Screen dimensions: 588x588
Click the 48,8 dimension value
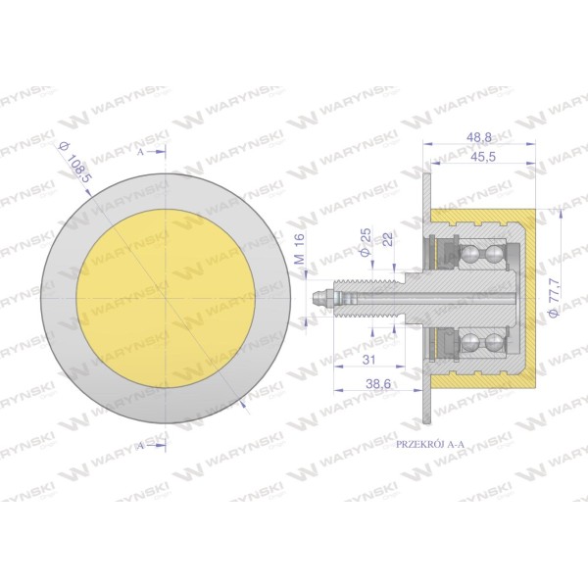(x=478, y=137)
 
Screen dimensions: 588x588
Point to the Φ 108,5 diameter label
(x=75, y=163)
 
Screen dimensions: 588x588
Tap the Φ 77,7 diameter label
(x=555, y=297)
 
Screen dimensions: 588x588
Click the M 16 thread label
(x=299, y=248)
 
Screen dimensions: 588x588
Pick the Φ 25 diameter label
(x=366, y=242)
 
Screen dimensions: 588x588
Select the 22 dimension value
(x=388, y=239)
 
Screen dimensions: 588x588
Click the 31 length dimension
(x=368, y=360)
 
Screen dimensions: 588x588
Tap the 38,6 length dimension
(x=378, y=383)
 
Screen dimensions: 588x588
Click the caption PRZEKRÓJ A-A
(x=430, y=444)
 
